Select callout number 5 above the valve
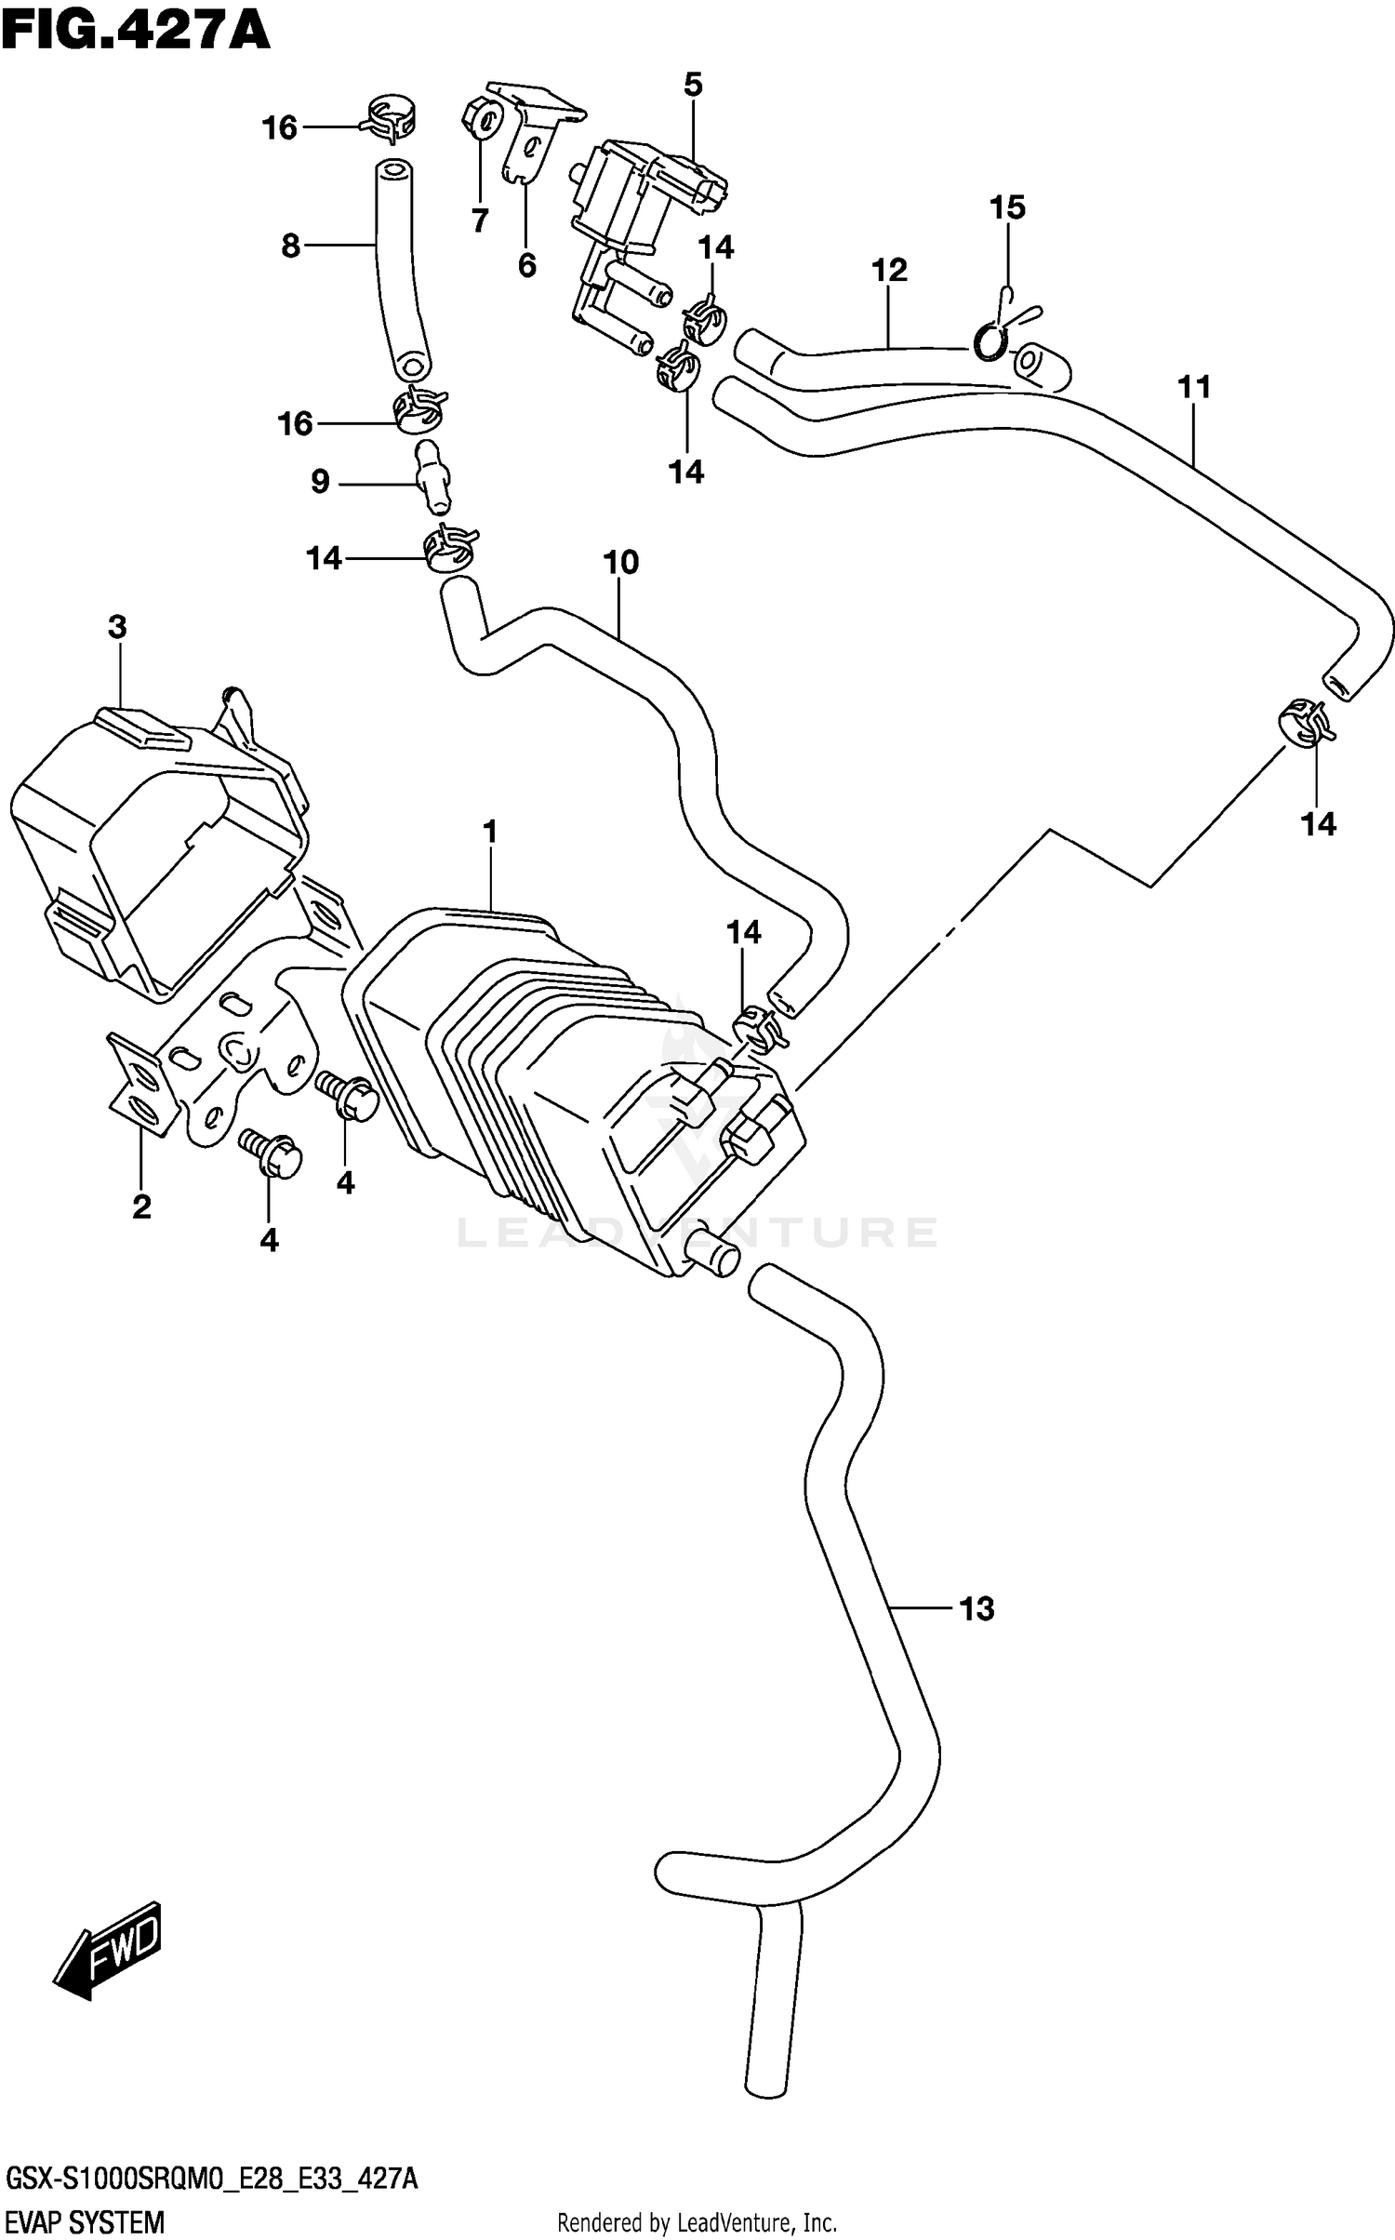click(x=693, y=85)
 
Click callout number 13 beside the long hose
click(x=976, y=1607)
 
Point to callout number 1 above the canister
click(x=490, y=833)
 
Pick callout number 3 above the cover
click(x=117, y=627)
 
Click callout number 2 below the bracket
click(x=141, y=1207)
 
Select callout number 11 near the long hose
click(x=1194, y=386)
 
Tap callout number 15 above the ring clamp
click(x=1007, y=207)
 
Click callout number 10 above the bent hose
click(x=620, y=562)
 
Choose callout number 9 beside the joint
click(x=320, y=482)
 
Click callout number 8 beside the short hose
click(x=290, y=247)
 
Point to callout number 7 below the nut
click(x=480, y=221)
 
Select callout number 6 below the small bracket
click(x=527, y=266)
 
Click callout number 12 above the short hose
click(x=889, y=271)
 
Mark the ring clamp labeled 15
click(x=990, y=341)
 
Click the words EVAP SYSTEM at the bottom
click(x=85, y=2222)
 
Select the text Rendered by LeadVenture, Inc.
click(x=697, y=2222)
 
